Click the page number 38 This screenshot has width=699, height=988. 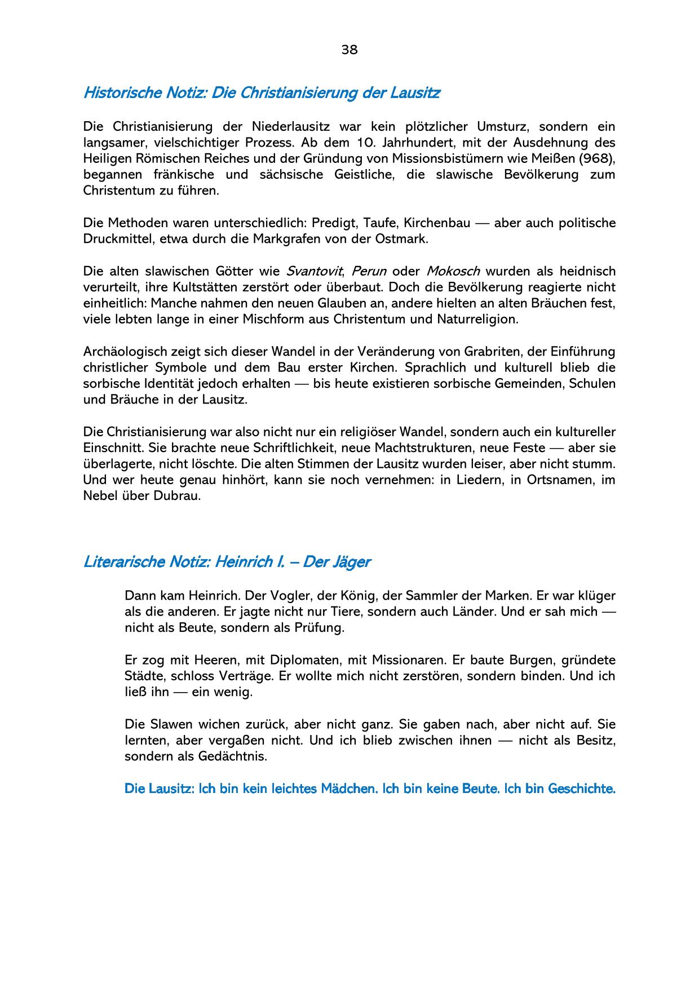click(x=349, y=50)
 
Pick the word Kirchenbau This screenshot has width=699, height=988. click(x=437, y=223)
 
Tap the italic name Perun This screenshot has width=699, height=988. click(x=369, y=271)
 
